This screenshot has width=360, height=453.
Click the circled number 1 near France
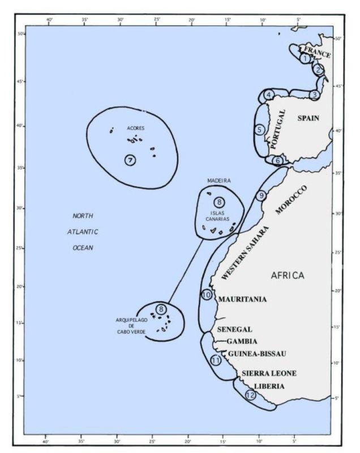(305, 58)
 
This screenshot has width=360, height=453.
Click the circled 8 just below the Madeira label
(218, 202)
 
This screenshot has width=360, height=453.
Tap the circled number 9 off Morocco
(261, 196)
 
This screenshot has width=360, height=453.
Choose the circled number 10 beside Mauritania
(207, 295)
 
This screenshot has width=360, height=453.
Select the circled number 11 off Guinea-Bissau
(216, 360)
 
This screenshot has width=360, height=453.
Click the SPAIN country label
(308, 118)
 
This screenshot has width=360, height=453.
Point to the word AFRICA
(288, 275)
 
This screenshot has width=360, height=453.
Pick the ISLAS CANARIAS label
(218, 214)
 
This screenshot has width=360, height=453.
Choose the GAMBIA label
(242, 341)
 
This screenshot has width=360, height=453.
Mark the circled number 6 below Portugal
(277, 161)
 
